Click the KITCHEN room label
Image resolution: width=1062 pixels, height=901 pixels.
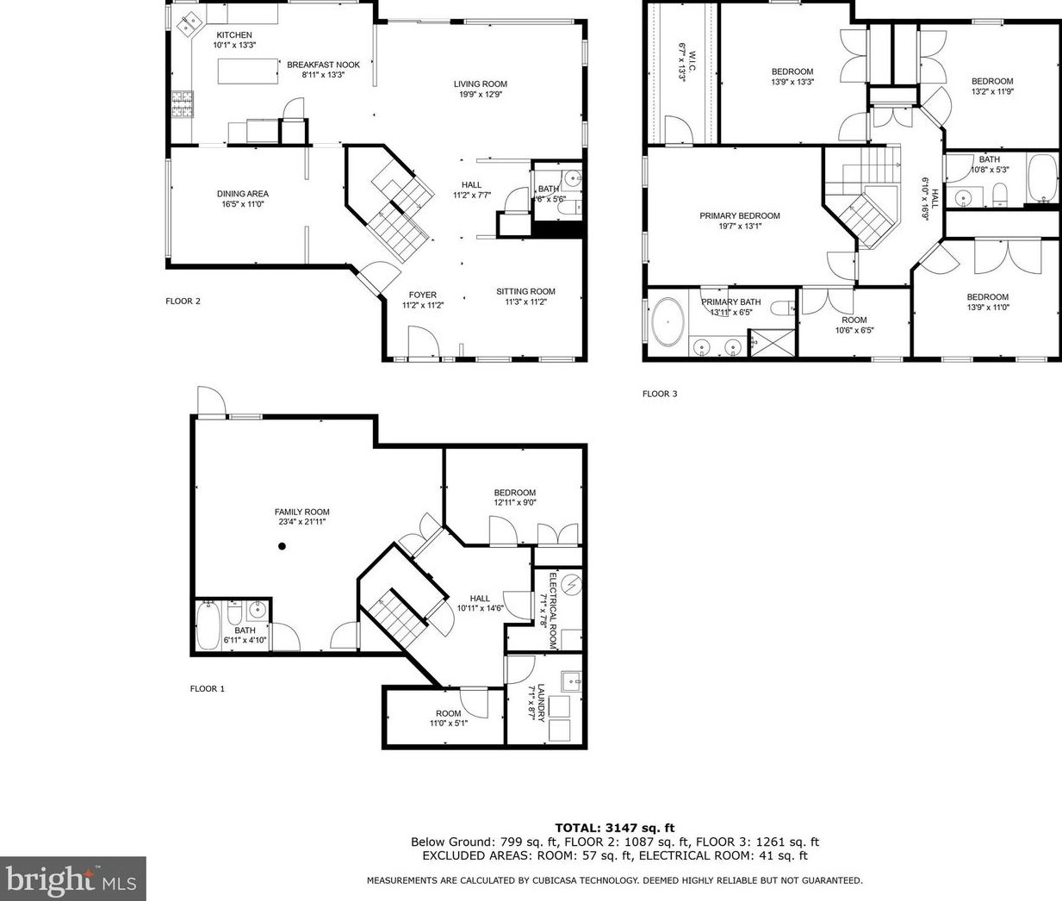(x=234, y=35)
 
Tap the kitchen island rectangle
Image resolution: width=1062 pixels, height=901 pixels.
(x=248, y=71)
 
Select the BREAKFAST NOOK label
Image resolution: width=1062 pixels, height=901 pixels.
(x=323, y=65)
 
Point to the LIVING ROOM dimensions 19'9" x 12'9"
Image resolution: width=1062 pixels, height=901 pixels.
(x=481, y=95)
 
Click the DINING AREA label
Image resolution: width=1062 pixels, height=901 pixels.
(x=242, y=194)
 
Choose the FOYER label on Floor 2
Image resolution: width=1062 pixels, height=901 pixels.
(x=422, y=295)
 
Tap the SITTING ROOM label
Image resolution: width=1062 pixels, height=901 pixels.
(x=525, y=291)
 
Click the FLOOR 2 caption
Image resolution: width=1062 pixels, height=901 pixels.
(x=183, y=301)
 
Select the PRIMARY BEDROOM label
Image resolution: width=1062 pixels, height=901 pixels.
(x=739, y=216)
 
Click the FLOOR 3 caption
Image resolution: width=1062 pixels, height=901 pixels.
(x=660, y=395)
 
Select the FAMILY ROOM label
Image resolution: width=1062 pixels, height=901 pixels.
(x=301, y=512)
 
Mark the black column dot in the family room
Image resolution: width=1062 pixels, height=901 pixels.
(x=282, y=546)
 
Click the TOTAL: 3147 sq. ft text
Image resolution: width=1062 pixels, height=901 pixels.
(x=614, y=828)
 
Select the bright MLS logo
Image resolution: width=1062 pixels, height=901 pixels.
(x=72, y=879)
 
